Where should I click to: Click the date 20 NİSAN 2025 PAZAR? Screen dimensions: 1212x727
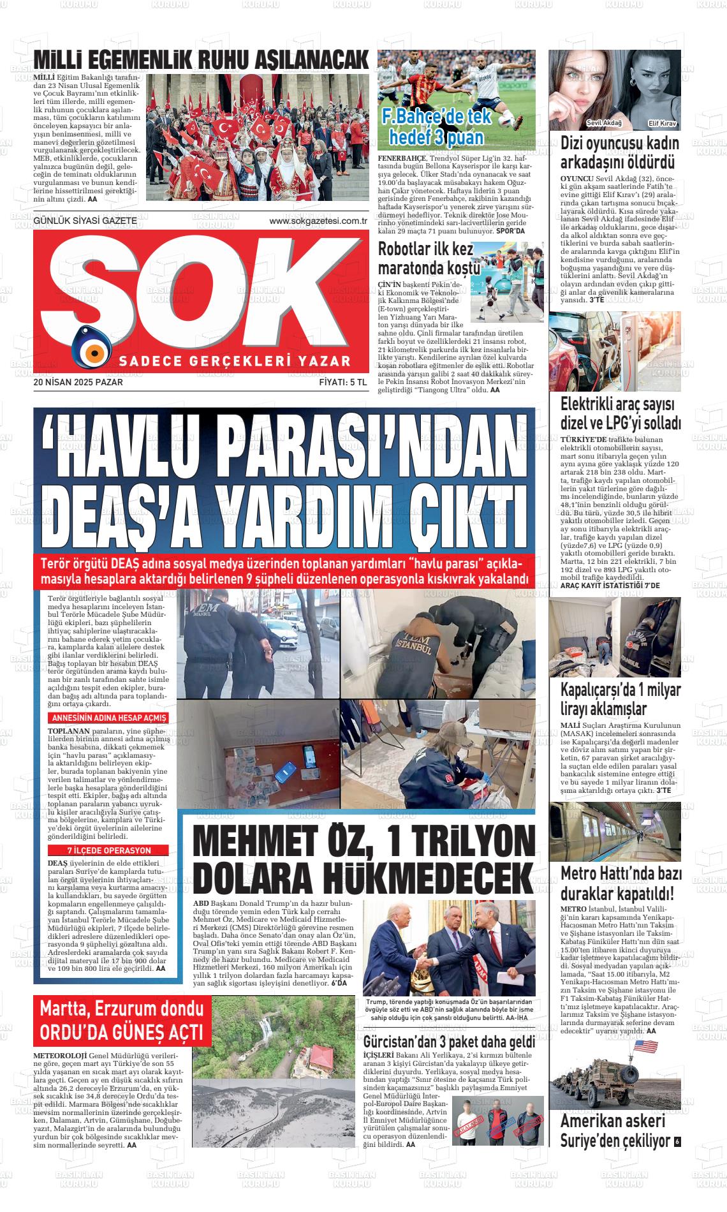tap(78, 383)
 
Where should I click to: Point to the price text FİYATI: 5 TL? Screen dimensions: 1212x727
tap(343, 383)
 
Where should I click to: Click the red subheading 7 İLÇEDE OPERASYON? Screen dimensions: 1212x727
tap(109, 850)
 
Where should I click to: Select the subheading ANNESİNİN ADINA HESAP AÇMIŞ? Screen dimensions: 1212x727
tap(108, 718)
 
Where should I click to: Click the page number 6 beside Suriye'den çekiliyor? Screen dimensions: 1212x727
tap(677, 1141)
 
